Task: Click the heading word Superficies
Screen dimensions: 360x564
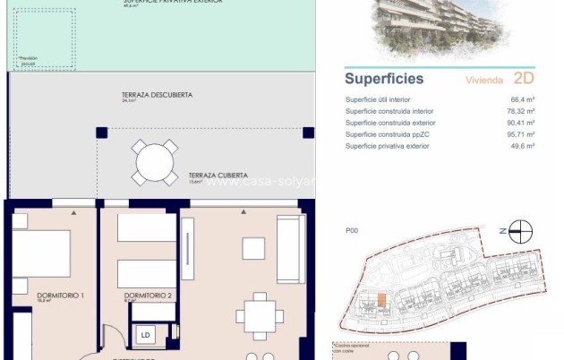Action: coord(384,79)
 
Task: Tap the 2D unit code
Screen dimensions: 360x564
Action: coord(525,78)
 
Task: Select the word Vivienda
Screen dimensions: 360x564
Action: coord(485,80)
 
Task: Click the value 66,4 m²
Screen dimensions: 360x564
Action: coord(523,100)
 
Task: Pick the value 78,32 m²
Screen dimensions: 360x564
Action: coord(521,111)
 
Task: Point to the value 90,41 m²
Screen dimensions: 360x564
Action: coord(521,123)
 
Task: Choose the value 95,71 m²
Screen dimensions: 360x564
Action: coord(521,134)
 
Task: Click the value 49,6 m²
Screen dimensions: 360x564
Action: coord(523,145)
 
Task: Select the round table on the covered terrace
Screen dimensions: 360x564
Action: coord(156,162)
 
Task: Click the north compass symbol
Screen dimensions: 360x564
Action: coord(515,230)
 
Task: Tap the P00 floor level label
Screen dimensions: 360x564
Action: coord(352,231)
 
